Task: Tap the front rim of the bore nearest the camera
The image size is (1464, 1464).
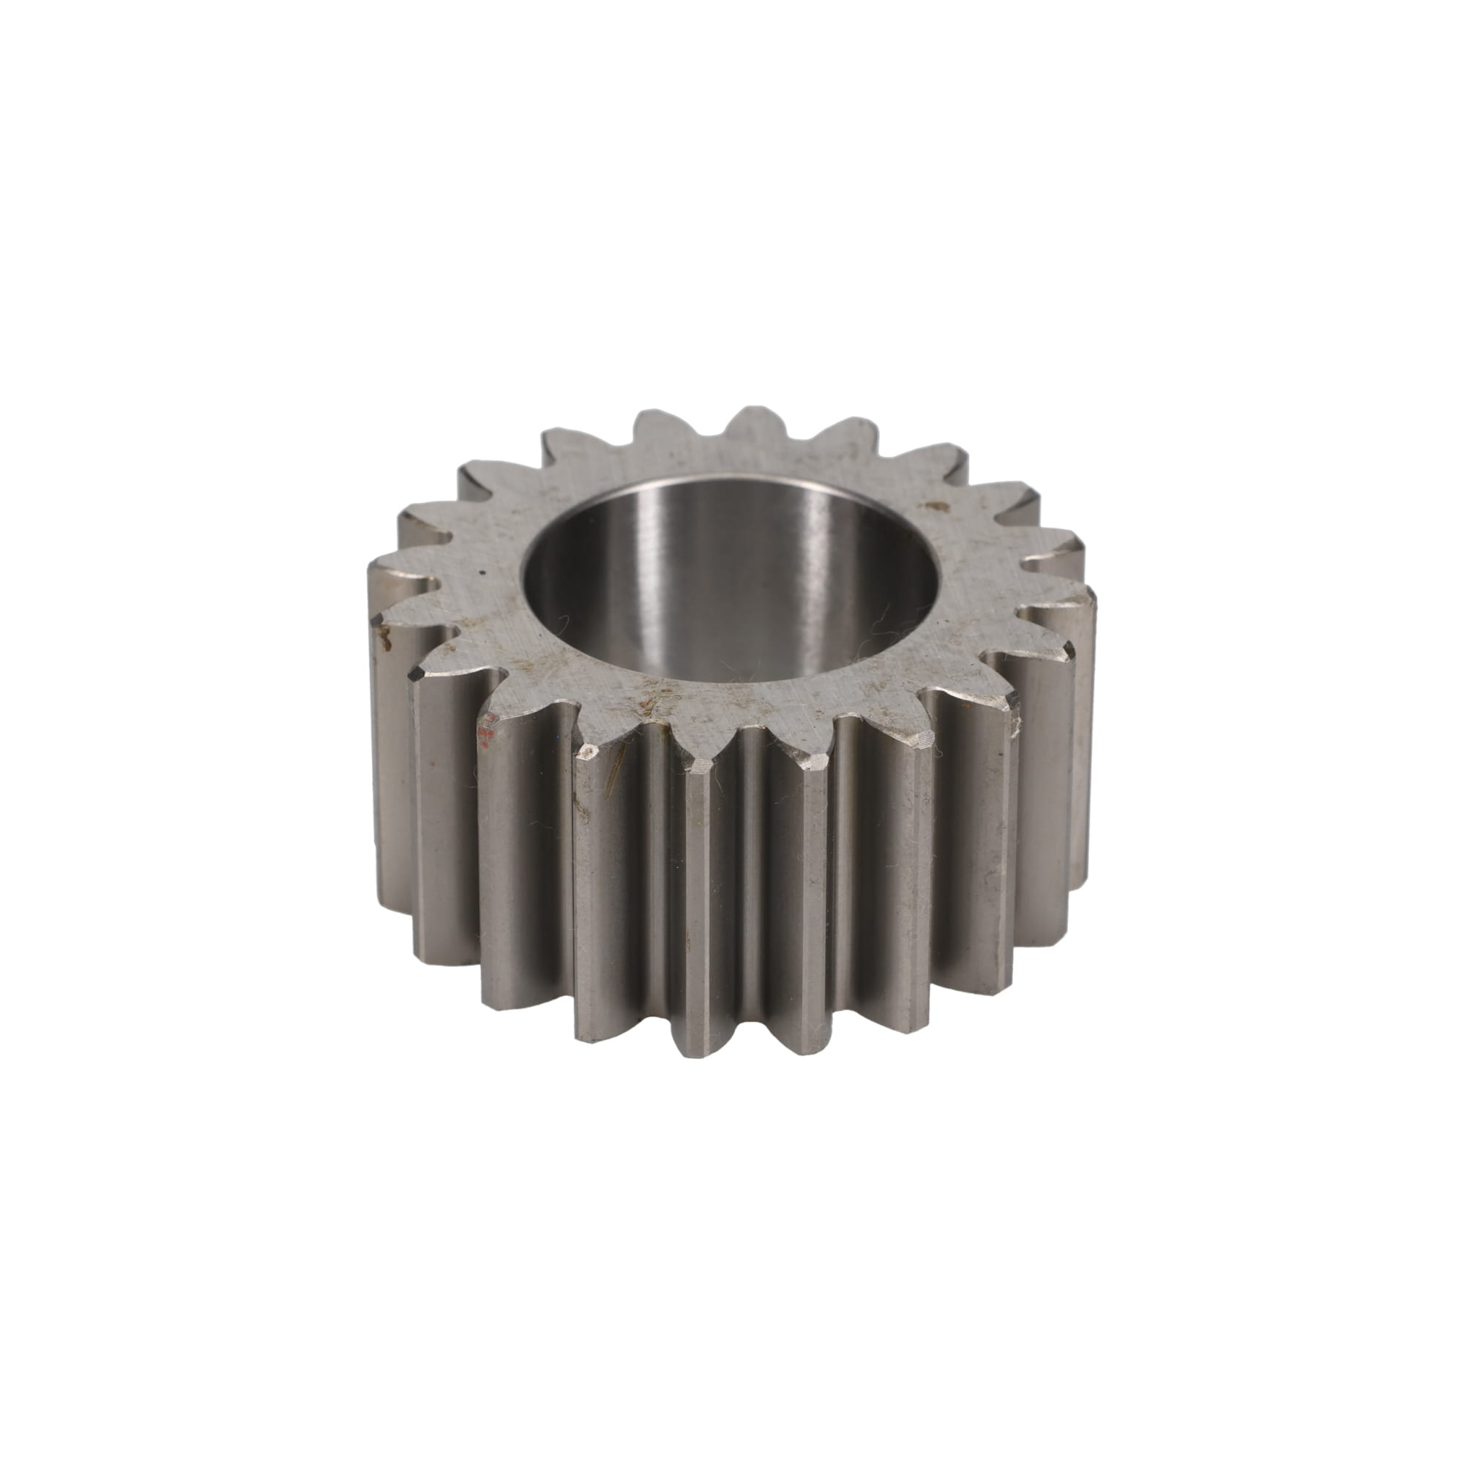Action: coord(728,680)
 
